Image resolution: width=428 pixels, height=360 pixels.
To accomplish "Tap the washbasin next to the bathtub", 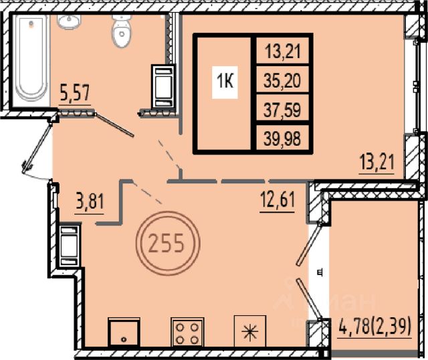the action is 69,21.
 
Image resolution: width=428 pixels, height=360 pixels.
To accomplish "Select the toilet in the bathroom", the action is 122,31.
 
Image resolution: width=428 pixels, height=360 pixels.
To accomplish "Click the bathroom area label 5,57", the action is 75,94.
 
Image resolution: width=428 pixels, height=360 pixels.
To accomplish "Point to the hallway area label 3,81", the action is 90,202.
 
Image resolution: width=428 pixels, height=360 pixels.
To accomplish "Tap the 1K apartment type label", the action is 225,82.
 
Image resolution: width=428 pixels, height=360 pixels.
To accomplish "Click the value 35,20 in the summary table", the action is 282,81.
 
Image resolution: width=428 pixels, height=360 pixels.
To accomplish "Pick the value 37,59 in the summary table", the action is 282,110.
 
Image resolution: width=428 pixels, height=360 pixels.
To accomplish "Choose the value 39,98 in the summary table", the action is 282,139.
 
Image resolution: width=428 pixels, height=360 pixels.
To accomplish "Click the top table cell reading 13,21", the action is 283,52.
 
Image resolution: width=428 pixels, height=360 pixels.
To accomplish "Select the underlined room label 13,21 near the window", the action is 377,162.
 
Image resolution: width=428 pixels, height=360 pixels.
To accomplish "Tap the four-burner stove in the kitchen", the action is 187,332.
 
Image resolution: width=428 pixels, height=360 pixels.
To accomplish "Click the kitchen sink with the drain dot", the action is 124,333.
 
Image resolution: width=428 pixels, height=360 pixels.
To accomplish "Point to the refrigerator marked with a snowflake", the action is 250,332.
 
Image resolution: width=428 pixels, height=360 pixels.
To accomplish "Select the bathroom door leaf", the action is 114,125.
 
